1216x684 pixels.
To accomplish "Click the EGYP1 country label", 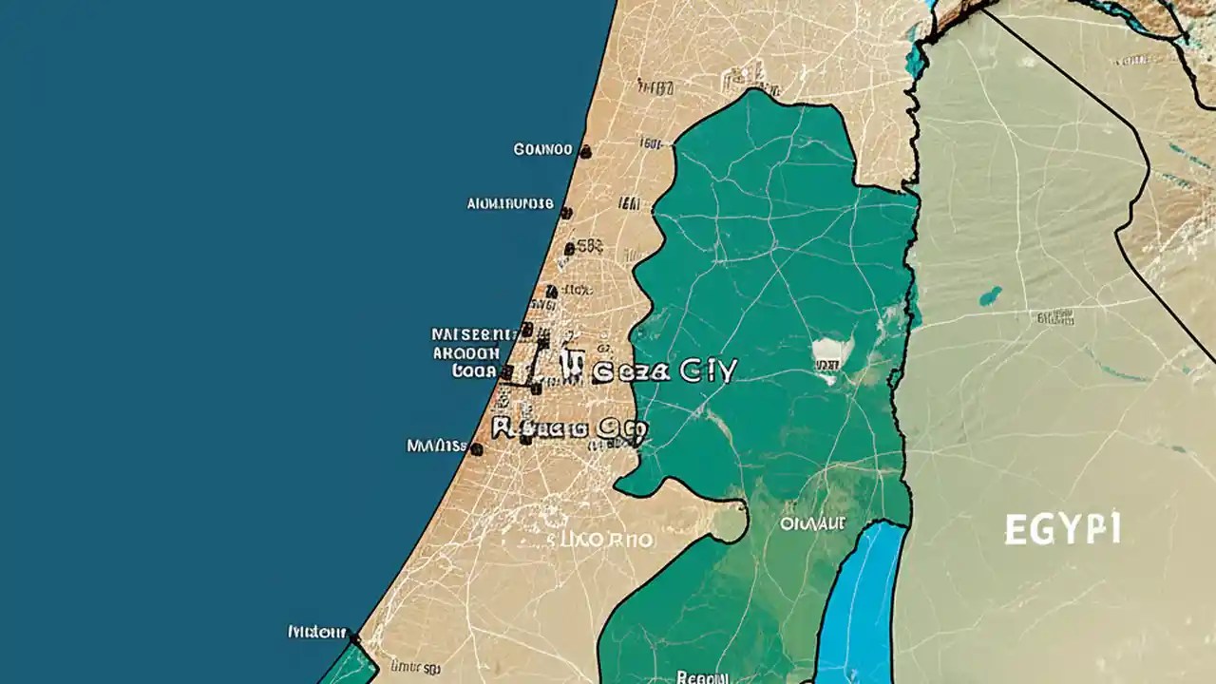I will (1062, 528).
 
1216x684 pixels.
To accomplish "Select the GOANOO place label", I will (542, 149).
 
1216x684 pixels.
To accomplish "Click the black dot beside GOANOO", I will (585, 151).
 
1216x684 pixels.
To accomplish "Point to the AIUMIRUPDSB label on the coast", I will (510, 203).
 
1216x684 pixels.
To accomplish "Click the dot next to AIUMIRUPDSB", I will (566, 213).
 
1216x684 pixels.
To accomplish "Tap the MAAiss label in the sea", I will (436, 445).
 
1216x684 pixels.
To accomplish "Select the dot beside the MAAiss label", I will (477, 448).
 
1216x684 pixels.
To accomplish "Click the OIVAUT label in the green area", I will (812, 522).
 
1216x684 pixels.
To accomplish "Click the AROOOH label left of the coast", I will (466, 352).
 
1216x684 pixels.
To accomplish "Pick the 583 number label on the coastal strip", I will (589, 246).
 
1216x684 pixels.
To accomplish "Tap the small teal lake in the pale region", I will (991, 295).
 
